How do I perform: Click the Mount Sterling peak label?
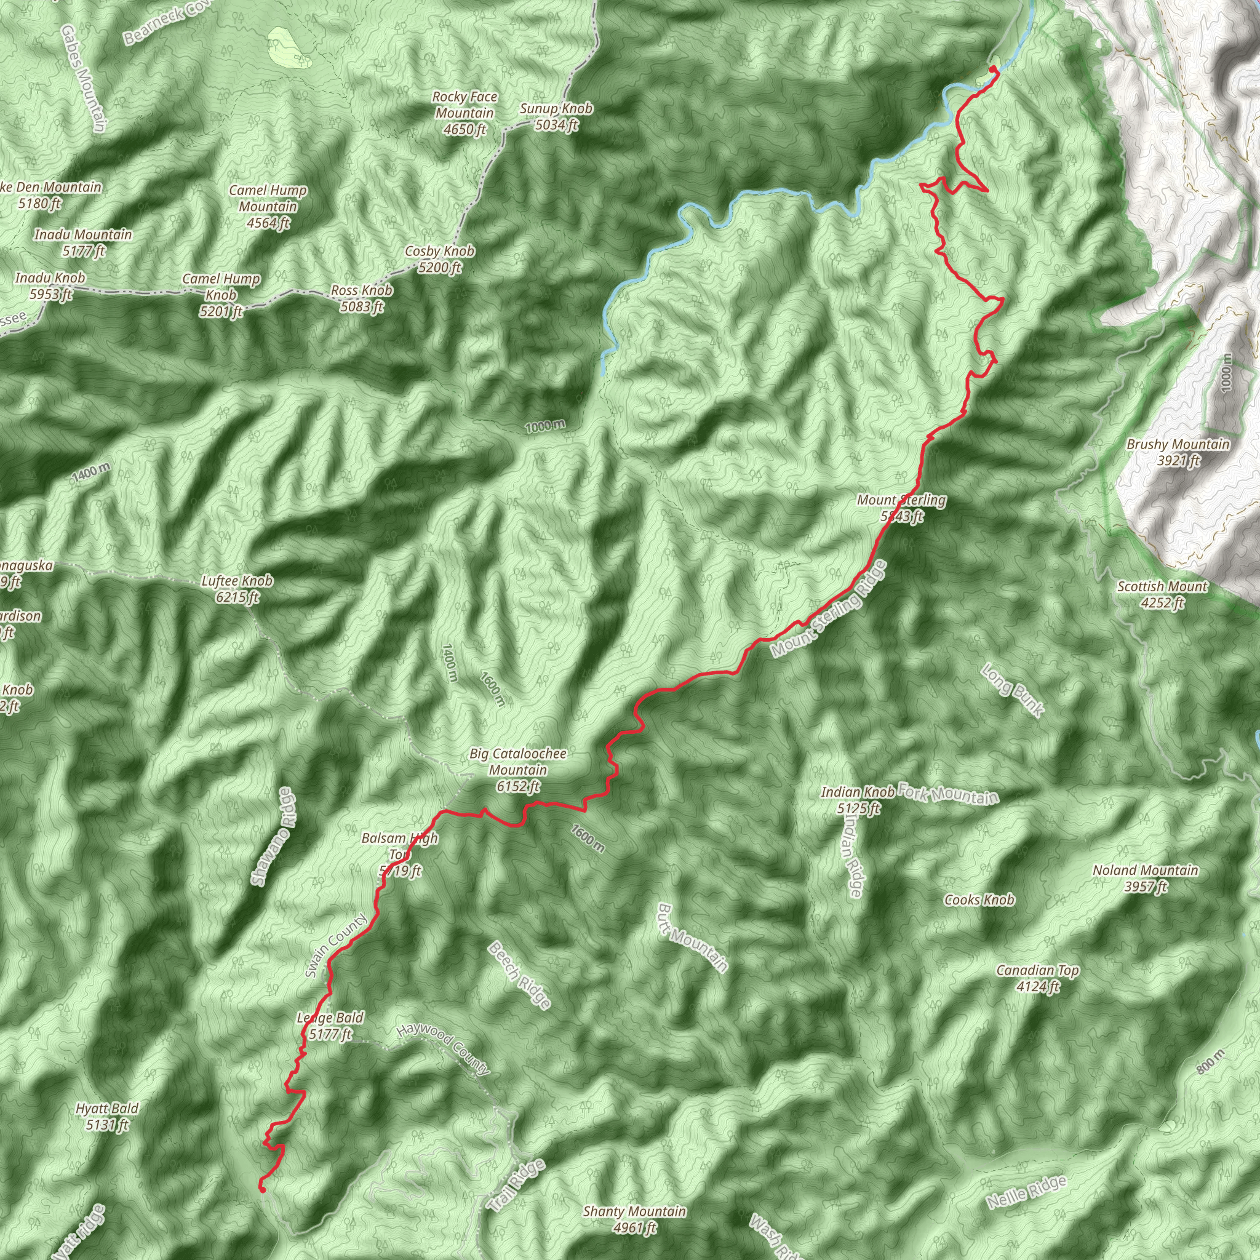(x=901, y=508)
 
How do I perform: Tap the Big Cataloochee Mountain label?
(x=518, y=770)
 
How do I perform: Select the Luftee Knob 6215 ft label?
(x=237, y=588)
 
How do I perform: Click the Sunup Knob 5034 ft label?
(x=556, y=116)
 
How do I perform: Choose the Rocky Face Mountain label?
(x=465, y=113)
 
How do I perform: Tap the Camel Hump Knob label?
(x=221, y=295)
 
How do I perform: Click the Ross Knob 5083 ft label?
(x=362, y=298)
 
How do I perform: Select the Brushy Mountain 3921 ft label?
(x=1178, y=453)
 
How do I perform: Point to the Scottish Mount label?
(x=1162, y=594)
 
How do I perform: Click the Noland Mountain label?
(x=1145, y=878)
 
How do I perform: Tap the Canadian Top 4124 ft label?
(x=1038, y=978)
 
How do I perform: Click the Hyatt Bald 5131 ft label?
(x=107, y=1116)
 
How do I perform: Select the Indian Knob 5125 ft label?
(x=858, y=800)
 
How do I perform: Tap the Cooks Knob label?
(x=979, y=900)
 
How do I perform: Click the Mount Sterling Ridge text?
(x=828, y=609)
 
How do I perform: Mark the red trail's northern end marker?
(x=992, y=69)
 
